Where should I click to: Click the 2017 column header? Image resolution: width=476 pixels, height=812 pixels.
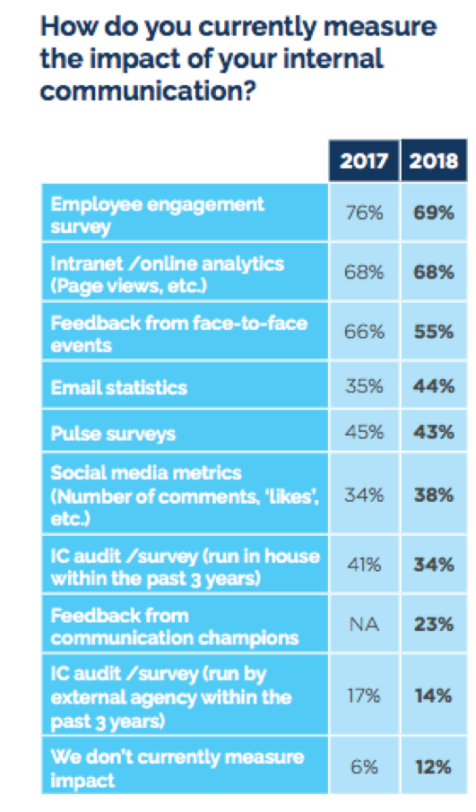click(364, 162)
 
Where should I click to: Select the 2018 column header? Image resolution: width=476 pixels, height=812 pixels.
click(434, 162)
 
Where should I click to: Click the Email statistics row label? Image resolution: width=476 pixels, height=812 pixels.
click(118, 387)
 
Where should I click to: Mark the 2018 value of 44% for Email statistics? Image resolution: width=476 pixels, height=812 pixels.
click(434, 387)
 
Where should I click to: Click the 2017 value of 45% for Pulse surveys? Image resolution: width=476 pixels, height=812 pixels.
click(364, 433)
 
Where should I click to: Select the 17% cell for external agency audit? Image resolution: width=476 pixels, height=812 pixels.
click(364, 693)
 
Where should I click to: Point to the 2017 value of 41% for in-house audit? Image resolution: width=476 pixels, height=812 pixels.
click(364, 566)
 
